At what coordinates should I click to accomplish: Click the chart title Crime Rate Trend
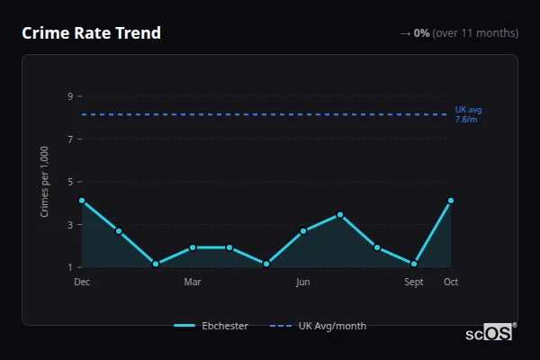tap(91, 33)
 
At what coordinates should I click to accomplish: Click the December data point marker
tap(82, 201)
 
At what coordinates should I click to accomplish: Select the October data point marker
tap(451, 201)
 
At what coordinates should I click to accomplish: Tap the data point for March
tap(193, 247)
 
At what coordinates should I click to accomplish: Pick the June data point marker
tap(303, 231)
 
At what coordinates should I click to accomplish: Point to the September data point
tap(414, 264)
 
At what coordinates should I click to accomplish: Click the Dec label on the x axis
tap(82, 282)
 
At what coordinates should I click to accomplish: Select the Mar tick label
tap(193, 282)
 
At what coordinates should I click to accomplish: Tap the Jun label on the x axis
tap(303, 282)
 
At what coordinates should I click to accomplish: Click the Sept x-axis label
tap(414, 282)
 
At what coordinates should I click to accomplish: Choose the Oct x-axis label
tap(451, 282)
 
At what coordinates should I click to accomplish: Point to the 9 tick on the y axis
tap(70, 96)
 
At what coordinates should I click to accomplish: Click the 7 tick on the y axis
tap(70, 139)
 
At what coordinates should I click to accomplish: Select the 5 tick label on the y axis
tap(70, 182)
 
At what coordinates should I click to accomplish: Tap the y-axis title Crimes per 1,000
tap(45, 181)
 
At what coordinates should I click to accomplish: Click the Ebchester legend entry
tap(211, 326)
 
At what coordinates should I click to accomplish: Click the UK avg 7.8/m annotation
tap(468, 114)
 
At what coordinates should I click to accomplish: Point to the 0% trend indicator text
tap(421, 33)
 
